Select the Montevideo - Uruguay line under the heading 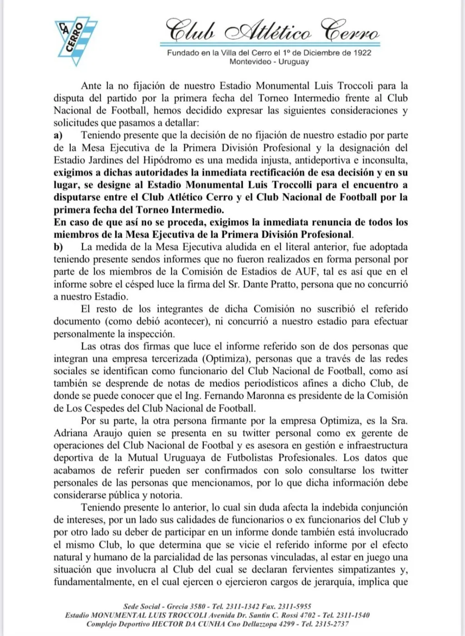pos(269,61)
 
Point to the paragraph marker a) pos(58,135)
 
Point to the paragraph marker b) pos(58,247)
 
